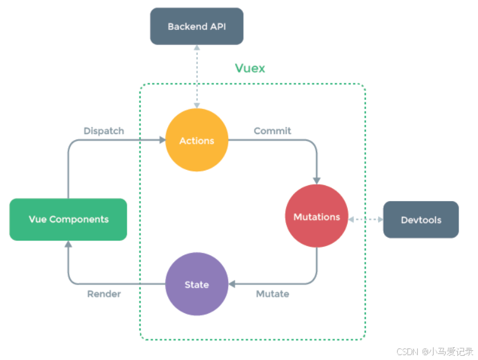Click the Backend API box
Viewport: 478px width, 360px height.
coord(197,26)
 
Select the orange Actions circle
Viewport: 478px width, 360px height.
coord(197,140)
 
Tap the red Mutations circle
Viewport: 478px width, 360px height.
coord(317,217)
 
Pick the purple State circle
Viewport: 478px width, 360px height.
coord(197,284)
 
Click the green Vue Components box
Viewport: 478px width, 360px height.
coord(68,219)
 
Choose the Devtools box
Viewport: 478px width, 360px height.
coord(421,220)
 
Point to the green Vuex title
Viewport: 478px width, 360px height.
coord(250,68)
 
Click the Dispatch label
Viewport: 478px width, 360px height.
coord(104,131)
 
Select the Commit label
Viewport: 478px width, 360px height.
coord(272,131)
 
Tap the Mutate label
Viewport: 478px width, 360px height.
coord(272,294)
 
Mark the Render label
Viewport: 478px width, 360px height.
coord(104,294)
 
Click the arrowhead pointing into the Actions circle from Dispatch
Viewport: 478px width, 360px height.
coord(162,140)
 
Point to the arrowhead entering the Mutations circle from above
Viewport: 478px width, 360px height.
coord(317,180)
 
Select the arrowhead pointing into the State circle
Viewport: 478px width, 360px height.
coord(232,284)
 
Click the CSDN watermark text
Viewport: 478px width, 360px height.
coord(435,351)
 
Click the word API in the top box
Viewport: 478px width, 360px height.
coord(217,26)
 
